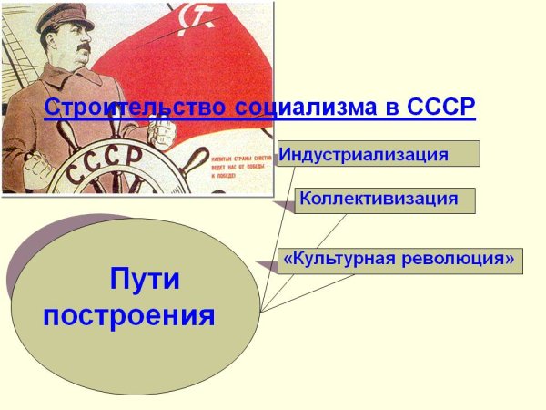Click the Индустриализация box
[x=377, y=153]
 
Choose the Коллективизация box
[x=385, y=200]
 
